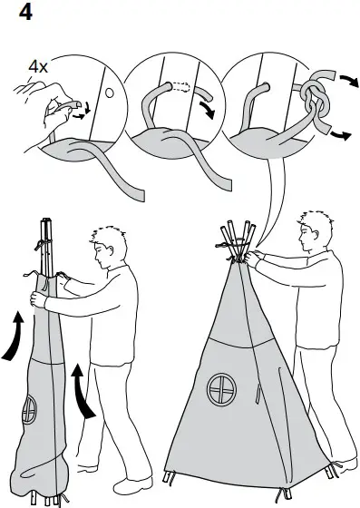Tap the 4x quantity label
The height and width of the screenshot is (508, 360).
(x=38, y=66)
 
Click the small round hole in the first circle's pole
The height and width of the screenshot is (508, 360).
(x=108, y=93)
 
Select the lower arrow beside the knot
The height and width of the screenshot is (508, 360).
(x=339, y=137)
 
